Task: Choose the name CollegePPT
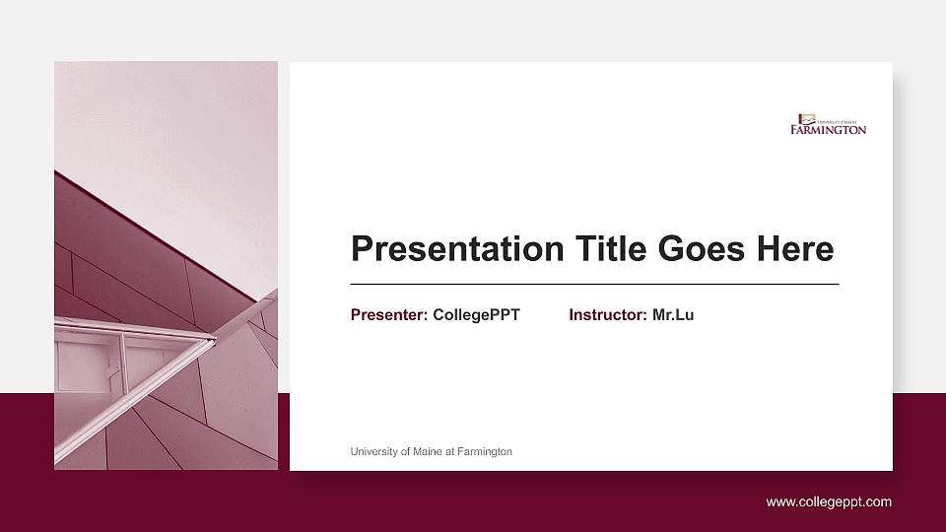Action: point(476,315)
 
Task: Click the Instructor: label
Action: point(608,315)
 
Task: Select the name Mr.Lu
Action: point(673,315)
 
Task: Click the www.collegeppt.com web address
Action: point(829,502)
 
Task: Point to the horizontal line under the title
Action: point(594,284)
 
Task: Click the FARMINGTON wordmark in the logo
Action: point(828,129)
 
